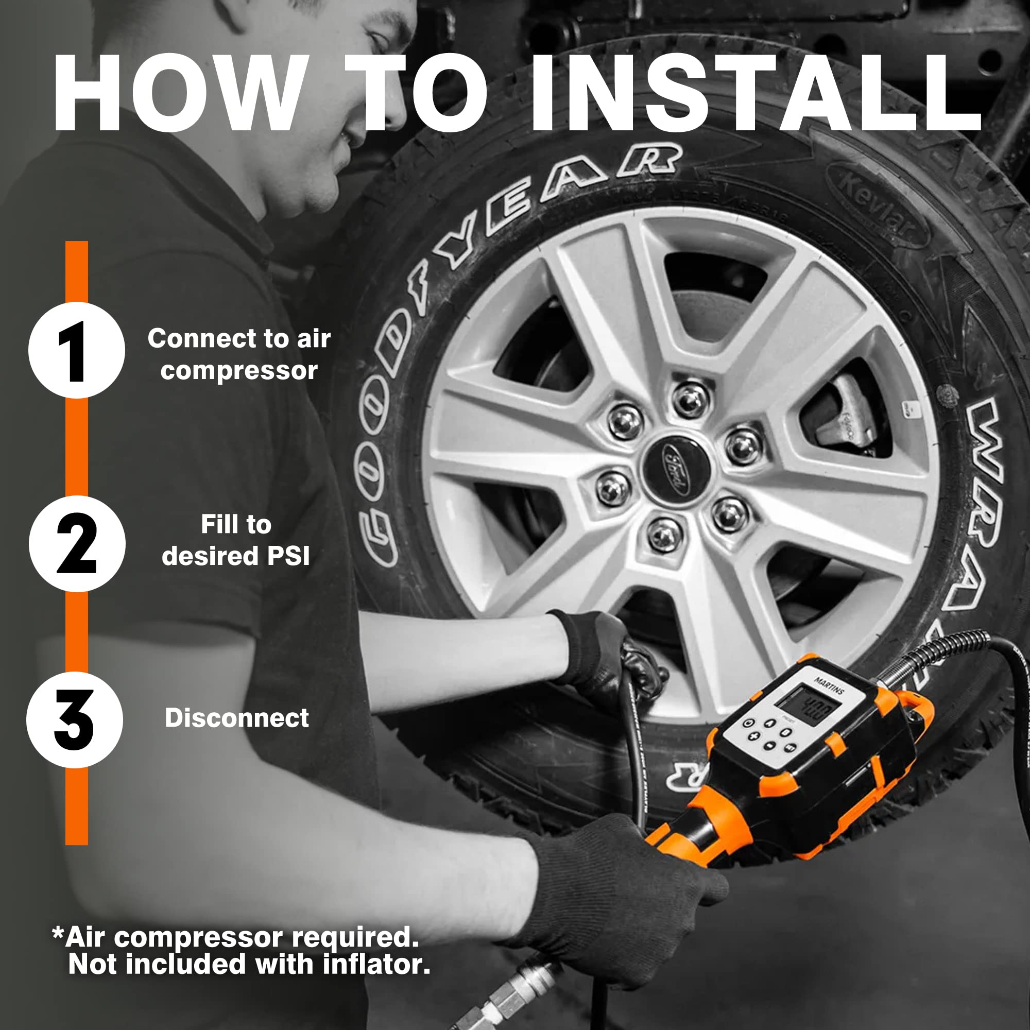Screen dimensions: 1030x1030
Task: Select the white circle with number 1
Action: [77, 350]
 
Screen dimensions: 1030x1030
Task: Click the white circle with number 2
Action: [77, 543]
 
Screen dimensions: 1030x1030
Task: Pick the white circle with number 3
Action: [75, 720]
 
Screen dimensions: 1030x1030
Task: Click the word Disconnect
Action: [237, 718]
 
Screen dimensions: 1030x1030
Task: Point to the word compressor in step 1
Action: [239, 371]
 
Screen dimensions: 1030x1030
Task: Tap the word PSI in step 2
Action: [288, 557]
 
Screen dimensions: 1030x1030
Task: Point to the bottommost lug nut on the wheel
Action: [664, 534]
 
